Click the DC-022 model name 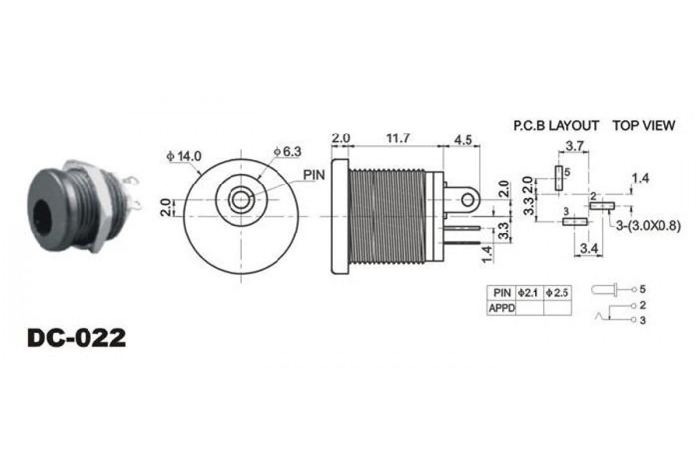[x=77, y=338]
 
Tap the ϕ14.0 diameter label [x=184, y=156]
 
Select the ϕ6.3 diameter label [x=287, y=151]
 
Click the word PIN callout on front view [x=314, y=175]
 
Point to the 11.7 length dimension [x=398, y=138]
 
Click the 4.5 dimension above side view [x=463, y=140]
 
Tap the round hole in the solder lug [x=467, y=200]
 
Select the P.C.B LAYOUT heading [x=556, y=126]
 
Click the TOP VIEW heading [x=644, y=125]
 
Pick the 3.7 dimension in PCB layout [x=574, y=146]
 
